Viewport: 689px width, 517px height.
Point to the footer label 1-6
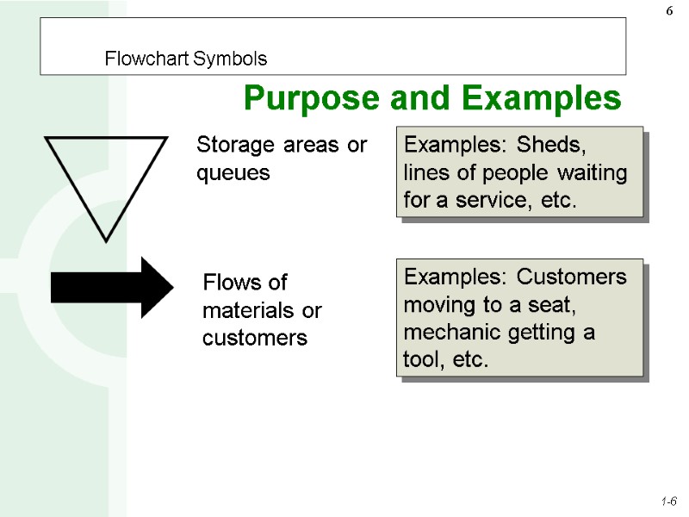click(x=668, y=501)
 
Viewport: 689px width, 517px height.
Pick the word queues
click(x=233, y=173)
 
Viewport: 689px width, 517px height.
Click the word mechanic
click(x=447, y=332)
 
